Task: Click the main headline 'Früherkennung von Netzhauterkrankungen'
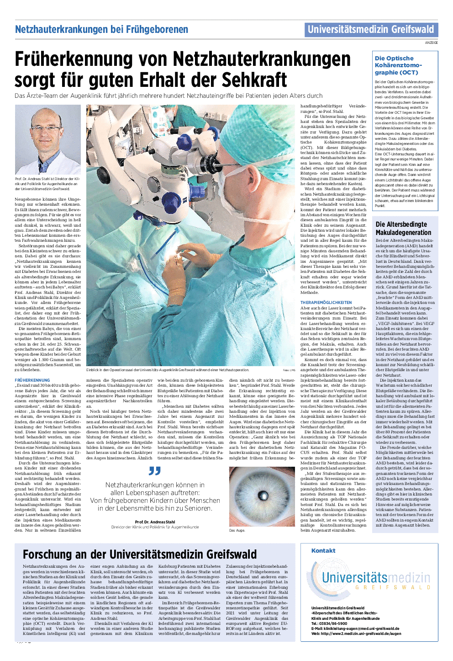tap(183, 59)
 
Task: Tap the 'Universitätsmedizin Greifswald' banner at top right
tap(371, 30)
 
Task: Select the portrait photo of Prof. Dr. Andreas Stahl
tap(48, 139)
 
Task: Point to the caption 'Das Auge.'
tap(237, 530)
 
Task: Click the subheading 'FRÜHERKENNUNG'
tap(32, 380)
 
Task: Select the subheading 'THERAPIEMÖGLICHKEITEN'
tap(326, 303)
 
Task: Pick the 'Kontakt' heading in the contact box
tap(323, 551)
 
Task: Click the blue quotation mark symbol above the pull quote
tap(155, 471)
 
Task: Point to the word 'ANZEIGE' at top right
tap(431, 43)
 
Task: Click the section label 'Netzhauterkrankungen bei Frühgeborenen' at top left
tap(101, 30)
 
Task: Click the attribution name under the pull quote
tap(155, 522)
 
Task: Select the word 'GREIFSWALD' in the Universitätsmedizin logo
tap(392, 587)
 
